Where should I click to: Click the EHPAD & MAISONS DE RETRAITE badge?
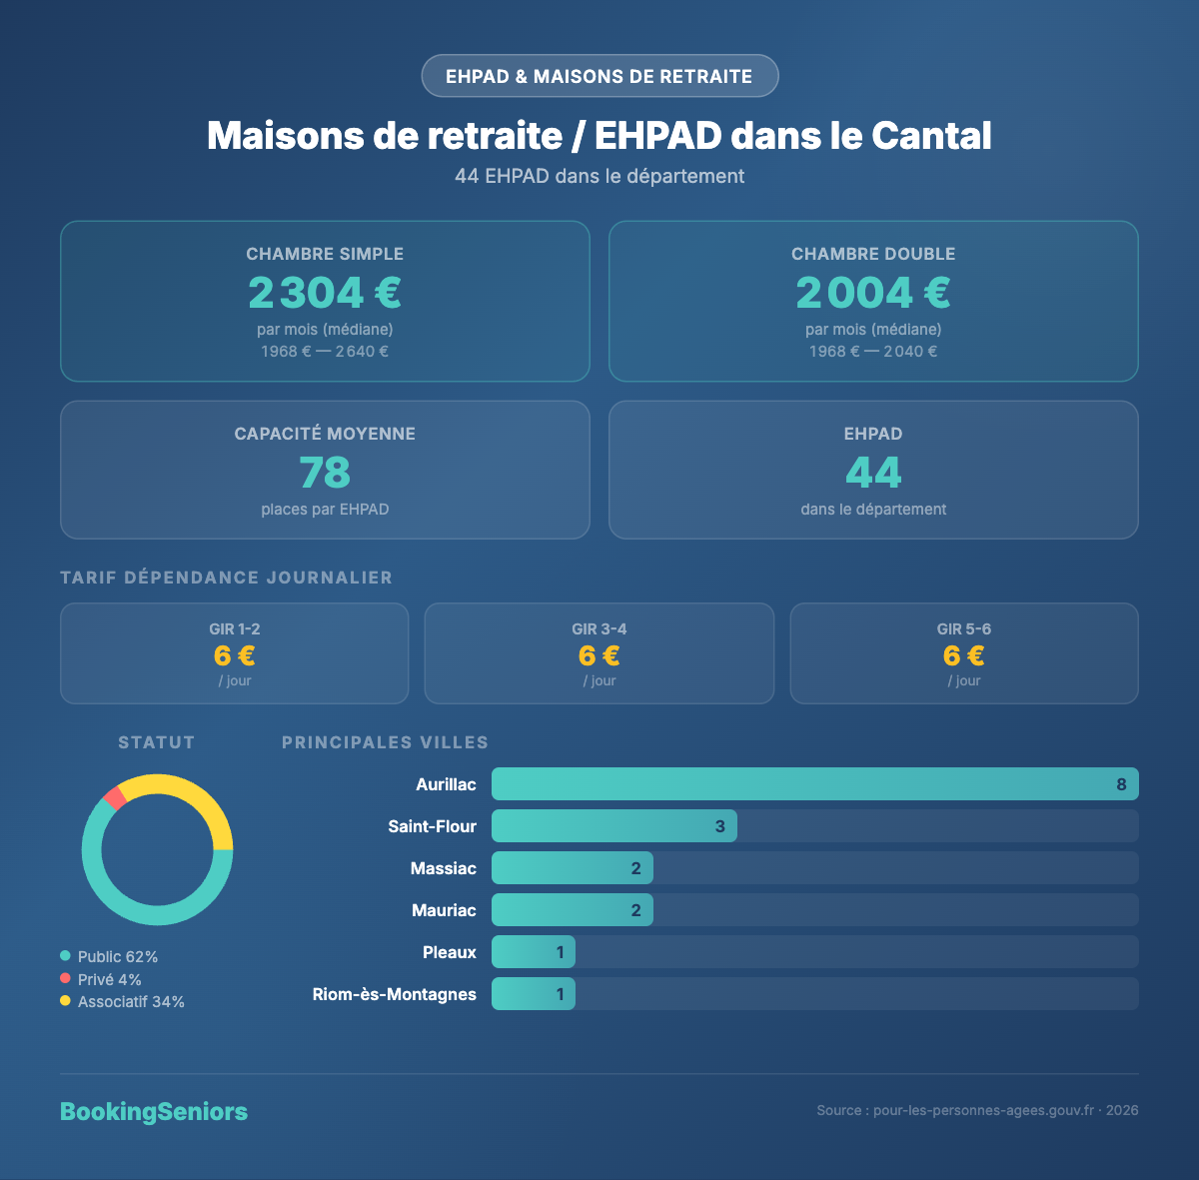[x=599, y=76]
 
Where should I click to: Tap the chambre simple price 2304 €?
[x=325, y=293]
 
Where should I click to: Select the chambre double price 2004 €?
[x=873, y=293]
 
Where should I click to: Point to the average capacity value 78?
[x=325, y=473]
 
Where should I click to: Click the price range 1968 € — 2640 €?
[x=325, y=352]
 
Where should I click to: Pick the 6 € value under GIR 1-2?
[x=235, y=655]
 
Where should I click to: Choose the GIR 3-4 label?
[x=599, y=628]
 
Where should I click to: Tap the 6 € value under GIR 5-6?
[x=964, y=655]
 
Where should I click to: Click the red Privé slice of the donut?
[x=114, y=797]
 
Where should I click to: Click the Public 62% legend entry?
[x=109, y=957]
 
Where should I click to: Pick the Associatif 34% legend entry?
[x=122, y=1002]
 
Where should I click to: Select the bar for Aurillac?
[x=814, y=784]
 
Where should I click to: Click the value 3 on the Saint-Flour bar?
[x=719, y=826]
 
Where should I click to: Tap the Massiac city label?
[x=444, y=868]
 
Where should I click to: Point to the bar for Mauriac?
[x=572, y=910]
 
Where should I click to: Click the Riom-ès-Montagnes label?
[x=395, y=994]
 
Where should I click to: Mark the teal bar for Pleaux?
[x=533, y=952]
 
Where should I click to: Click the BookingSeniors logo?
[x=154, y=1112]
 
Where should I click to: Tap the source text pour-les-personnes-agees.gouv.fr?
[x=977, y=1111]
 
